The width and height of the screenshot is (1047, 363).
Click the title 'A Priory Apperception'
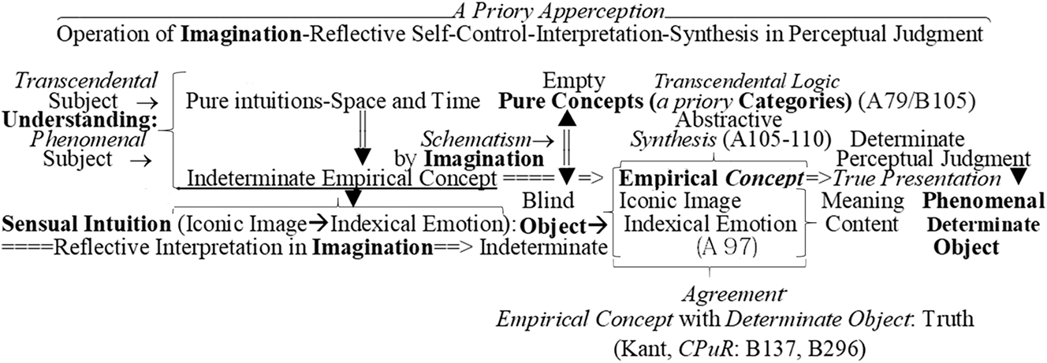(558, 11)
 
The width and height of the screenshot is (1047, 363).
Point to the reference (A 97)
(726, 246)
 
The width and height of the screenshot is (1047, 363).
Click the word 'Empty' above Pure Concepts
(573, 82)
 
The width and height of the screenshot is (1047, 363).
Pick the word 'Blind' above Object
(548, 201)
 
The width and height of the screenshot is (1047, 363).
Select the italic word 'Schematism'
(476, 139)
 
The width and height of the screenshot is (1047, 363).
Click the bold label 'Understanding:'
(80, 120)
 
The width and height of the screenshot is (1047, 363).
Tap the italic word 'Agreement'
(734, 294)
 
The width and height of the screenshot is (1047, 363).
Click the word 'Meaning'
(863, 202)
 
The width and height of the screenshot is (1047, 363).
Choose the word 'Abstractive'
(728, 120)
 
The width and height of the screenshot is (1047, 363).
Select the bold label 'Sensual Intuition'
(87, 224)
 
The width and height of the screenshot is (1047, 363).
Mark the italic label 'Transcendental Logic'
(747, 82)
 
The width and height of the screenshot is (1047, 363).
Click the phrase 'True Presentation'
(917, 179)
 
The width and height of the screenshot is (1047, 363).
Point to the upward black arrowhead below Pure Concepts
(568, 119)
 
